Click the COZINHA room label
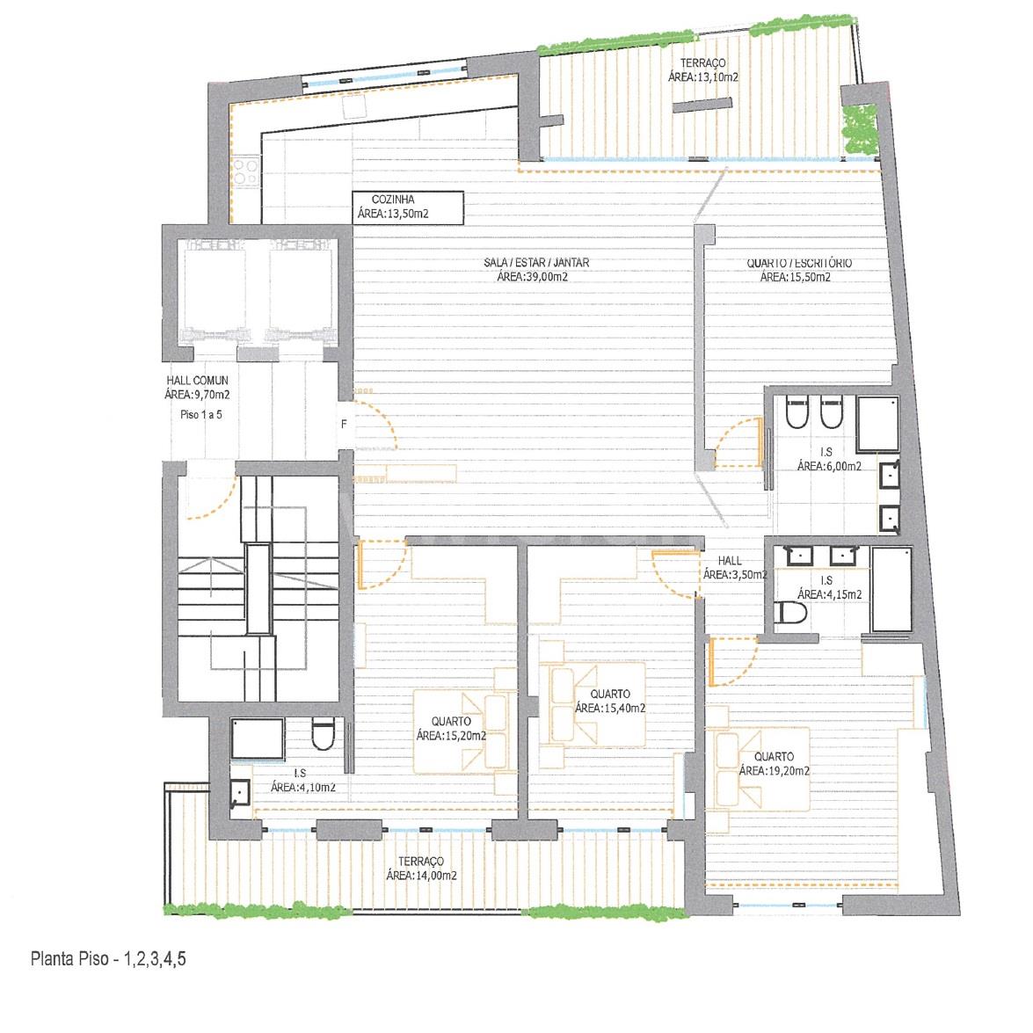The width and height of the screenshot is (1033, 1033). (393, 199)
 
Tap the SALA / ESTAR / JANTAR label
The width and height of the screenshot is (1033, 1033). (536, 262)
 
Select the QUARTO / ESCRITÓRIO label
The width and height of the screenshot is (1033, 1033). (799, 263)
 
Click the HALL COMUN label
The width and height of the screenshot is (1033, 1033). (197, 380)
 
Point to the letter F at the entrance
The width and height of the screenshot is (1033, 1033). (344, 425)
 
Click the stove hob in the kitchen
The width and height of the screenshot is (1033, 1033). (245, 172)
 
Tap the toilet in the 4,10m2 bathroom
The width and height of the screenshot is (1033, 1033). (323, 734)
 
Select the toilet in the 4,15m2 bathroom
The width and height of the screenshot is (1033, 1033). (790, 613)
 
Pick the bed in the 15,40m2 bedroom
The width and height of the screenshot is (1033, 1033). (592, 704)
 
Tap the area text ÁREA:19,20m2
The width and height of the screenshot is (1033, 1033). (775, 771)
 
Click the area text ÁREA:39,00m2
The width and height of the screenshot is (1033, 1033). (532, 277)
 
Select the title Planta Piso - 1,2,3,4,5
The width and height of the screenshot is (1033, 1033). (109, 958)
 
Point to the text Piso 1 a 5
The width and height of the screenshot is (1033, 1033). (201, 414)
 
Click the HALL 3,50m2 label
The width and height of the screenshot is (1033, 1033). (730, 561)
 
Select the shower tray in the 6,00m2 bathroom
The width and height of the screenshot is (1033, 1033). (877, 424)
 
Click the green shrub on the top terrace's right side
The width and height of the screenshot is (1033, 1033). (860, 129)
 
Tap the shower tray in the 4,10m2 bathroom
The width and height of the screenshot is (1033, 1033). (258, 738)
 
